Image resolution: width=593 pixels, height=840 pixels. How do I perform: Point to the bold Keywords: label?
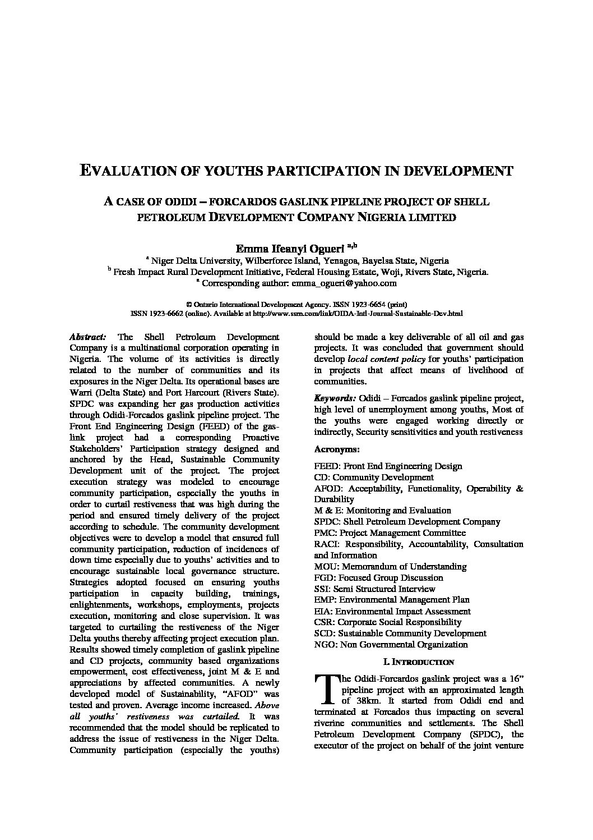coord(335,398)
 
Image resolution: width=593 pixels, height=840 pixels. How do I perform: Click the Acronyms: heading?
coord(337,449)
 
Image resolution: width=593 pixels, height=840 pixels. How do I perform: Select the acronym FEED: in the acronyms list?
coord(327,466)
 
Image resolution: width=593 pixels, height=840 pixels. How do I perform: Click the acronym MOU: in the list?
coord(326,567)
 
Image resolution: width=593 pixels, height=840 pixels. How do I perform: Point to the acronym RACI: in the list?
coord(327,544)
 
